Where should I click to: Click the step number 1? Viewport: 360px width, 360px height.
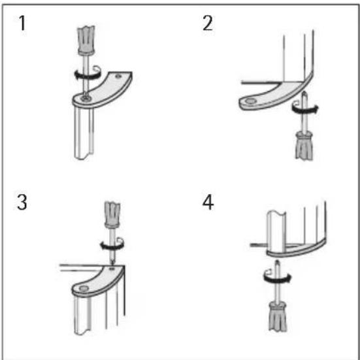pos(22,23)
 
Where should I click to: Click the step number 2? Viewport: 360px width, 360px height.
pos(208,23)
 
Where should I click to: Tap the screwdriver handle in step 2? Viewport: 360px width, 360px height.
pos(304,145)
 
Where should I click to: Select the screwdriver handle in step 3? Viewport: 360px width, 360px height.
pos(112,215)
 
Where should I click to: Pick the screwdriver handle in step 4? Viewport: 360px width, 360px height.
pos(278,317)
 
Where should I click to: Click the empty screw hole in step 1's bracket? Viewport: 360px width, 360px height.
pos(118,76)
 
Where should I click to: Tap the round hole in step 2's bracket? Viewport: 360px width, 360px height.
pos(250,101)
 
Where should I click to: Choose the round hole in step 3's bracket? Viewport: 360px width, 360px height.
pos(84,288)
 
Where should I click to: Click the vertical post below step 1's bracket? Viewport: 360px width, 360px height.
pos(84,133)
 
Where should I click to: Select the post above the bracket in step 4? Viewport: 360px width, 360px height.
pos(276,231)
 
